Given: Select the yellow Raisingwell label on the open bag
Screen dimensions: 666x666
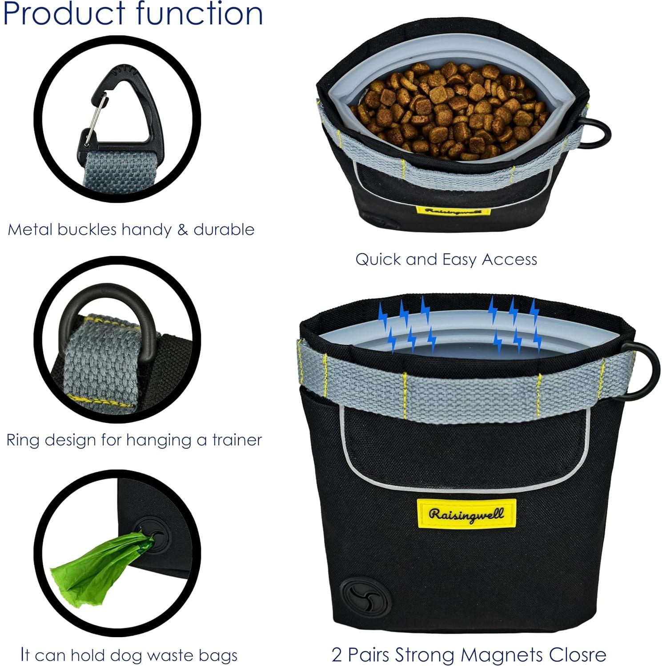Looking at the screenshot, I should pos(453,211).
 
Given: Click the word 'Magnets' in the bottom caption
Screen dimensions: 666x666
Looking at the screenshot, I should pos(502,654).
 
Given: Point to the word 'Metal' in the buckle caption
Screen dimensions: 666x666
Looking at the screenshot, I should pos(31,229).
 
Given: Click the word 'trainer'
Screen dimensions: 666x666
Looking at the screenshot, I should pos(237,440).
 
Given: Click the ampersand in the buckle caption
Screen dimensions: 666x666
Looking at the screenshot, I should pos(182,229).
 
